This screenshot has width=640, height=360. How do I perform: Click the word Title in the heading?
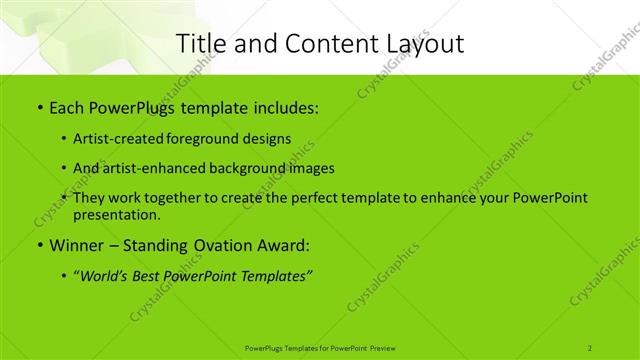point(204,43)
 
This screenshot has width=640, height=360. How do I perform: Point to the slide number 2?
point(590,347)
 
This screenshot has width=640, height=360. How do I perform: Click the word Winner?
point(76,245)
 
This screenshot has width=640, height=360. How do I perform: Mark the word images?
point(310,168)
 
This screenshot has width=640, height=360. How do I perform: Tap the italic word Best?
point(152,274)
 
